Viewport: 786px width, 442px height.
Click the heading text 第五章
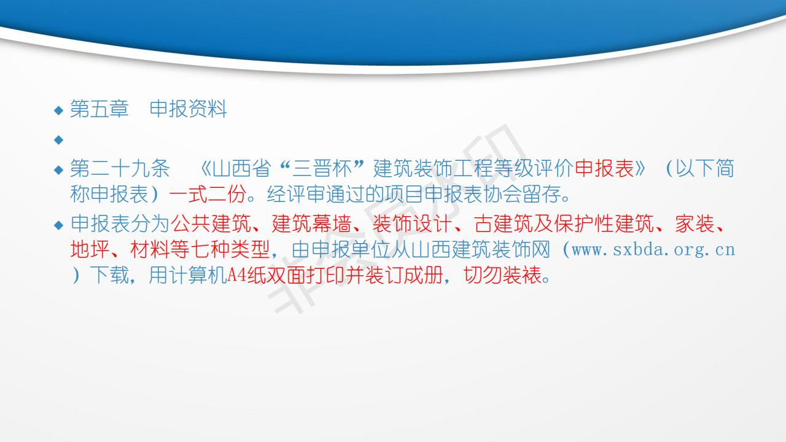pyautogui.click(x=99, y=109)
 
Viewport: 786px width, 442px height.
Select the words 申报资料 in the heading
pyautogui.click(x=189, y=109)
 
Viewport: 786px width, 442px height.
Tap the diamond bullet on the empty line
pyautogui.click(x=58, y=140)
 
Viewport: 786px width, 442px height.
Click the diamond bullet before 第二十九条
pyautogui.click(x=58, y=170)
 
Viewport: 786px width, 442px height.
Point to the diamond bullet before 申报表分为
pyautogui.click(x=58, y=225)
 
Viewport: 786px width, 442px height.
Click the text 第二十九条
pyautogui.click(x=120, y=168)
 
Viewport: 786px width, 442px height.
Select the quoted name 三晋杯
pyautogui.click(x=322, y=168)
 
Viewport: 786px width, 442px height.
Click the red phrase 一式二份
pyautogui.click(x=208, y=194)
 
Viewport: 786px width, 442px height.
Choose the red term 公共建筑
pyautogui.click(x=211, y=223)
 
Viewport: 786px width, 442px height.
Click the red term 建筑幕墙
pyautogui.click(x=311, y=223)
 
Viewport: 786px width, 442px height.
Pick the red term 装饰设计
pyautogui.click(x=412, y=223)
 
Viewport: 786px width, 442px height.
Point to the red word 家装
pyautogui.click(x=695, y=223)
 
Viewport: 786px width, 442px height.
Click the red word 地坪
pyautogui.click(x=90, y=249)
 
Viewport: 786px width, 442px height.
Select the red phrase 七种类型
pyautogui.click(x=230, y=249)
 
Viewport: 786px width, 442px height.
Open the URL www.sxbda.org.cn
pyautogui.click(x=653, y=250)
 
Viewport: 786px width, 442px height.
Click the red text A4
pyautogui.click(x=237, y=275)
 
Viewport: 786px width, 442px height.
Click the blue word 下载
pyautogui.click(x=109, y=275)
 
